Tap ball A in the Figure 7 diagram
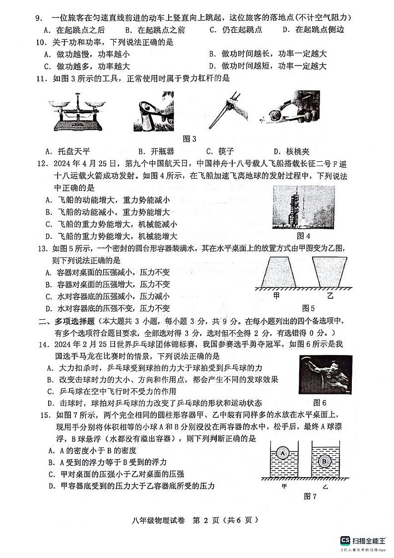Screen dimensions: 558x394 point(283,453)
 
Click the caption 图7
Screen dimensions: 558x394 point(310,496)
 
